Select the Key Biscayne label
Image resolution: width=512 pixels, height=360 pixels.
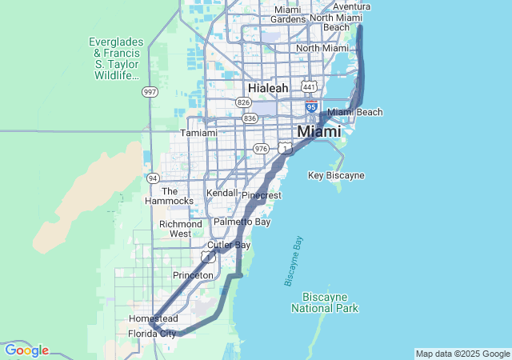coord(336,174)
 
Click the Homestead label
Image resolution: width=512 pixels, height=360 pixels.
coord(153,318)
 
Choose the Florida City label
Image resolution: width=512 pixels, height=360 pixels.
coord(152,334)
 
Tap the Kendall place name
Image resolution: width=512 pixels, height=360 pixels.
coord(222,193)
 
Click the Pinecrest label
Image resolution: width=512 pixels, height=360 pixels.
coord(261,195)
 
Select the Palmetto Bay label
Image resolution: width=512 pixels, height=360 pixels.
coord(242,221)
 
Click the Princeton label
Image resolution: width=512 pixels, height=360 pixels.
coord(193,275)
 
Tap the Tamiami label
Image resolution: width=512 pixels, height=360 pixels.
coord(198,133)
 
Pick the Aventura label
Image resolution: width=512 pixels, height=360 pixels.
coord(351,6)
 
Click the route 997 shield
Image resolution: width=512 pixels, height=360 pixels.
coord(150,92)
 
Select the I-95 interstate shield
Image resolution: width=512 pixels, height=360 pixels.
coord(311,106)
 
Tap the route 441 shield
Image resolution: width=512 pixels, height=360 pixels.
coord(308,86)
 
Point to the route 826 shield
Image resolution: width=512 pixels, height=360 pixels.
coord(242,102)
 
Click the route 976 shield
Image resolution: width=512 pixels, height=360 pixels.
coord(261,148)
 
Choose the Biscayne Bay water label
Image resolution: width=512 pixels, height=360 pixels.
coord(294,261)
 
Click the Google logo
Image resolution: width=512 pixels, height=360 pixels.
coord(26,350)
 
